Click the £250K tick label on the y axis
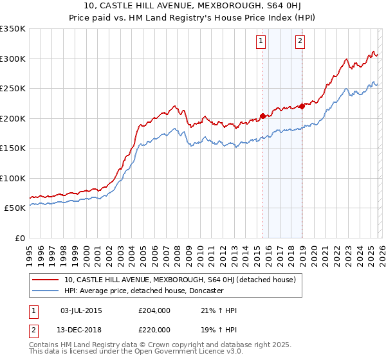13,89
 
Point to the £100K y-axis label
13,178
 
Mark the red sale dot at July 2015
262,116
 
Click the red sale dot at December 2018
302,107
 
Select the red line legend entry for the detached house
179,280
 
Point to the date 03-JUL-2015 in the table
81,310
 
